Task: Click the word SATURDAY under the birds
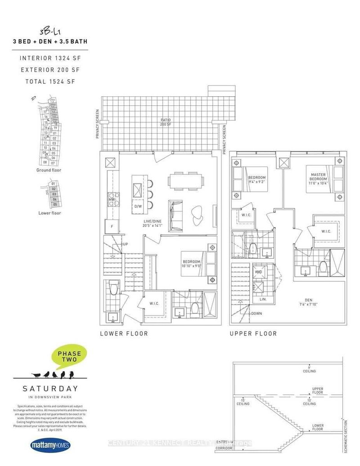pos(50,389)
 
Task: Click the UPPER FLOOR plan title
pos(253,334)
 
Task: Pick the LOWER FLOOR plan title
pos(123,334)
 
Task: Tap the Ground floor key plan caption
pos(49,170)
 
